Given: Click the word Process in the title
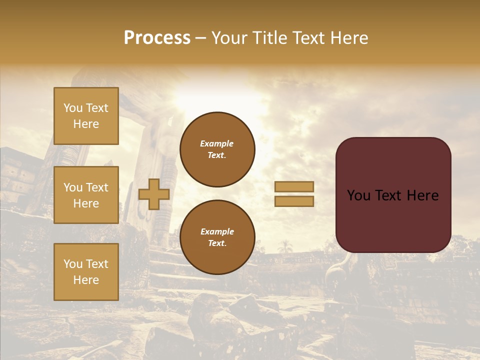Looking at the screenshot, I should click(x=157, y=38).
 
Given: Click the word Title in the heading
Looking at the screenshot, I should click(x=270, y=38).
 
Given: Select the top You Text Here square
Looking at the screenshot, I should click(x=86, y=116).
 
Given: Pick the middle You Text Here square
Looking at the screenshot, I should click(x=86, y=195).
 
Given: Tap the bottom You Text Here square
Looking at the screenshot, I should click(x=86, y=271).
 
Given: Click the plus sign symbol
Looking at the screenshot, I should click(x=154, y=194).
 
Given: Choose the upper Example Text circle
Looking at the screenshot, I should click(x=217, y=149).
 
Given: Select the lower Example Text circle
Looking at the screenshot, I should click(x=217, y=237).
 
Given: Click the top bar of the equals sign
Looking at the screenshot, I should click(x=294, y=187).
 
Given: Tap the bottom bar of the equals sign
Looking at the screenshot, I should click(x=294, y=201).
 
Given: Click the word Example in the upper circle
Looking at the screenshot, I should click(x=217, y=143).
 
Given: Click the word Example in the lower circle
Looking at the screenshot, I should click(x=217, y=231).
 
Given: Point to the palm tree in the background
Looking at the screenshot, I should click(x=285, y=246).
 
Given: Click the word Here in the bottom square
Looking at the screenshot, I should click(x=86, y=280).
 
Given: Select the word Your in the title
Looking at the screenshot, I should click(x=230, y=38).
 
